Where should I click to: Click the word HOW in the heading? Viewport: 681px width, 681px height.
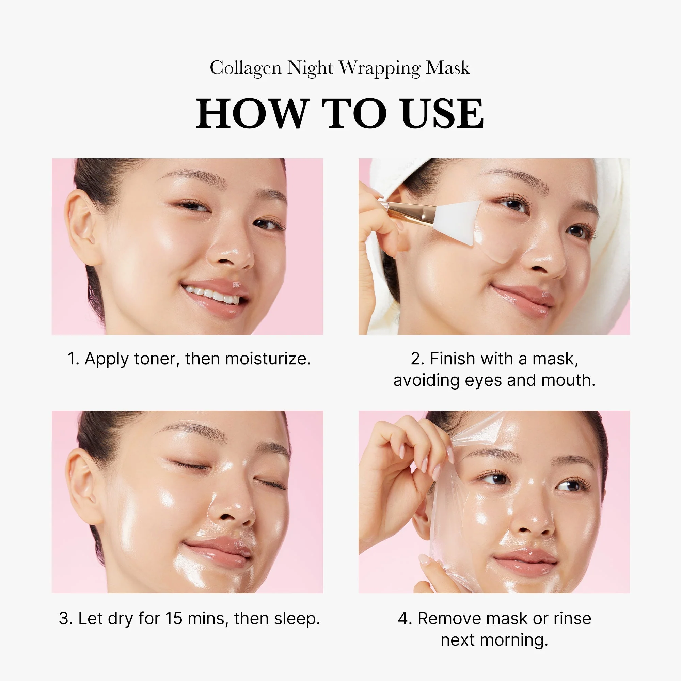[251, 113]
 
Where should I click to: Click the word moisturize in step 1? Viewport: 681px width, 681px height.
[268, 359]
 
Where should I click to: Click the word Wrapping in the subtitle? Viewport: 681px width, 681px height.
[380, 68]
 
